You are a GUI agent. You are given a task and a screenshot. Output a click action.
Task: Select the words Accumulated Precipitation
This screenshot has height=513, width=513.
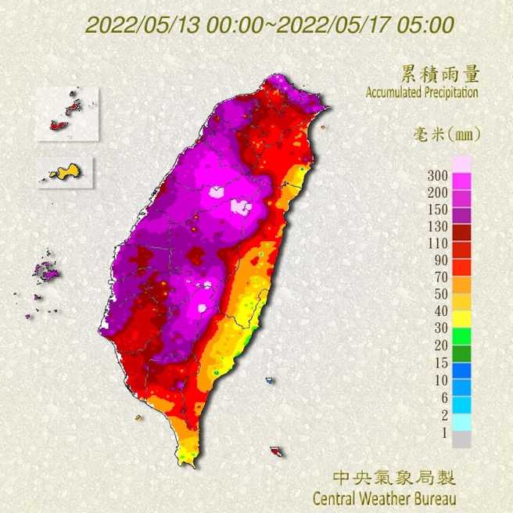pyautogui.click(x=422, y=92)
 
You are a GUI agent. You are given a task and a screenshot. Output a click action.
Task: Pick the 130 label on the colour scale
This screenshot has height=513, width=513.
pyautogui.click(x=436, y=227)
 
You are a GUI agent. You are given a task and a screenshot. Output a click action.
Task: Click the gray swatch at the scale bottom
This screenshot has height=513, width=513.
pyautogui.click(x=461, y=439)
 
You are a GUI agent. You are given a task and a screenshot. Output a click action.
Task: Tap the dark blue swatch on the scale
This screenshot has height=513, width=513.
pyautogui.click(x=461, y=371)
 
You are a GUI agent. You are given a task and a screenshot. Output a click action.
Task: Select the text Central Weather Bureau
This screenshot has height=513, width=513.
pyautogui.click(x=384, y=497)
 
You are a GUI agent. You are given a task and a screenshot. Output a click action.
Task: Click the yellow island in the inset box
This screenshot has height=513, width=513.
pyautogui.click(x=65, y=171)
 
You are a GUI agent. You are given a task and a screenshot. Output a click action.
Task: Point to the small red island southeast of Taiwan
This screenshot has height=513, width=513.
pyautogui.click(x=276, y=451)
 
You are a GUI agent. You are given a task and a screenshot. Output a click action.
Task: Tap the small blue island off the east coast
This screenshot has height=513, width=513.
pyautogui.click(x=270, y=381)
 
